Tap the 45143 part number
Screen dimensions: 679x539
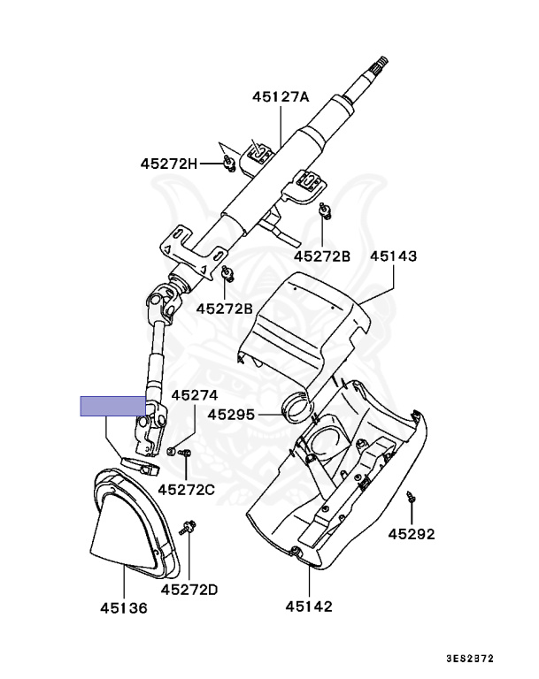394,256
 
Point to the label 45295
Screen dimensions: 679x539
231,414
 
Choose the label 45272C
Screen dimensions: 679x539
187,488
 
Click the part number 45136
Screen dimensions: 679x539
124,608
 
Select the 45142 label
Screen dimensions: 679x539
309,606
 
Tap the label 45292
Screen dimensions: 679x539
412,534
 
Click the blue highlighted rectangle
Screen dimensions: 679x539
113,406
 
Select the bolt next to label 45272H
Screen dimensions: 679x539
228,162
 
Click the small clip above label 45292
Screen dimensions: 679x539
411,498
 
